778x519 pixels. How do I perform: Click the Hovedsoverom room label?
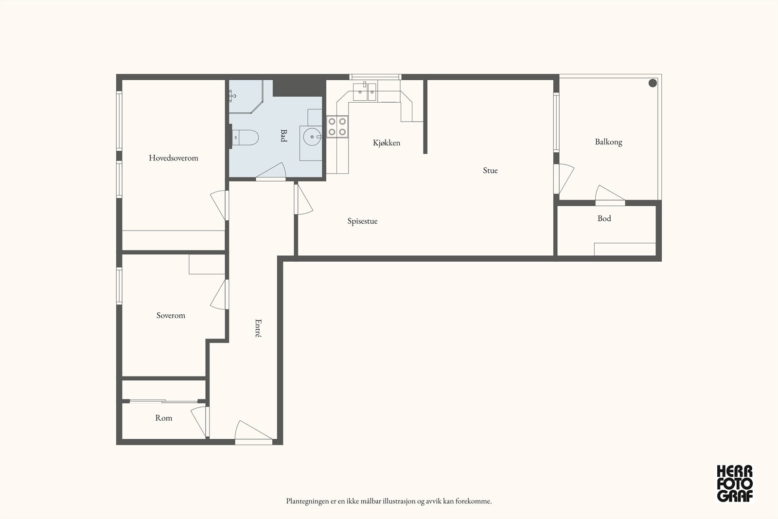(x=173, y=158)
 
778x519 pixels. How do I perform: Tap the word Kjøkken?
(x=387, y=143)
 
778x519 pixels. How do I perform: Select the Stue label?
(x=490, y=170)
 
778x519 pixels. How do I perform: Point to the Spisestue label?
(x=362, y=221)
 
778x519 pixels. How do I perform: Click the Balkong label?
(x=608, y=142)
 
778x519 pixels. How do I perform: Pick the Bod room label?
(x=604, y=218)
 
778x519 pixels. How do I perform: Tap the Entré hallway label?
(x=258, y=328)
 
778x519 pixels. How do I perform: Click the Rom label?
(x=163, y=418)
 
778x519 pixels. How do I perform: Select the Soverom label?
(x=171, y=315)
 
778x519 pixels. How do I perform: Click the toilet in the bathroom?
(x=245, y=138)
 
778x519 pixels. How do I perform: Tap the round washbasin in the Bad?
(x=312, y=137)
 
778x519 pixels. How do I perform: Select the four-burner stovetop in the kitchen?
(x=337, y=126)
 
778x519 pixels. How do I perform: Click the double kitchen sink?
(x=365, y=92)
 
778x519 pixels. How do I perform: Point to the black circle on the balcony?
(x=653, y=83)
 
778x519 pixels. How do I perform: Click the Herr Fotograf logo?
(x=735, y=483)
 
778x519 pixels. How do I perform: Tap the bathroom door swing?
(x=271, y=171)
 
